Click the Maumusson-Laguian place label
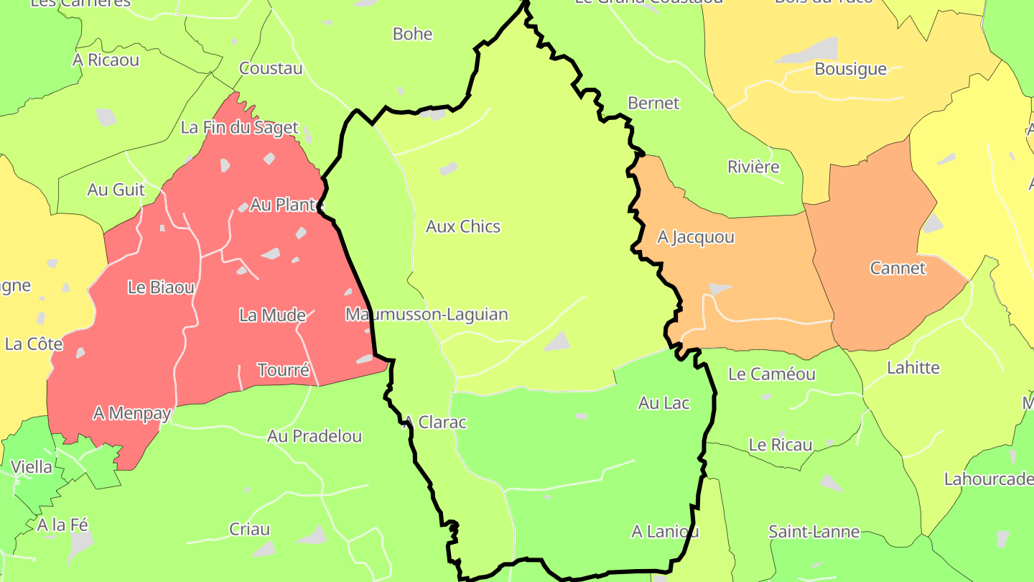click(427, 315)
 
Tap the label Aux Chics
click(463, 227)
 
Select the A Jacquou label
click(696, 237)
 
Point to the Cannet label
click(898, 269)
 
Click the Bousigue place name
click(850, 70)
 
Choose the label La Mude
click(272, 315)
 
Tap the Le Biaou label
click(161, 288)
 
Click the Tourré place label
click(284, 371)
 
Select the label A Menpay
click(132, 414)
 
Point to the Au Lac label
click(663, 404)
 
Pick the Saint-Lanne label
click(814, 532)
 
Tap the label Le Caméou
click(772, 374)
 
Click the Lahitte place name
click(913, 368)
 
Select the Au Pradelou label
click(315, 437)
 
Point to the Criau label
click(250, 530)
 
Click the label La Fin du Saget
click(239, 128)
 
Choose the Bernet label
click(653, 103)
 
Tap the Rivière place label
click(753, 167)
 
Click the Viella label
click(32, 468)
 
